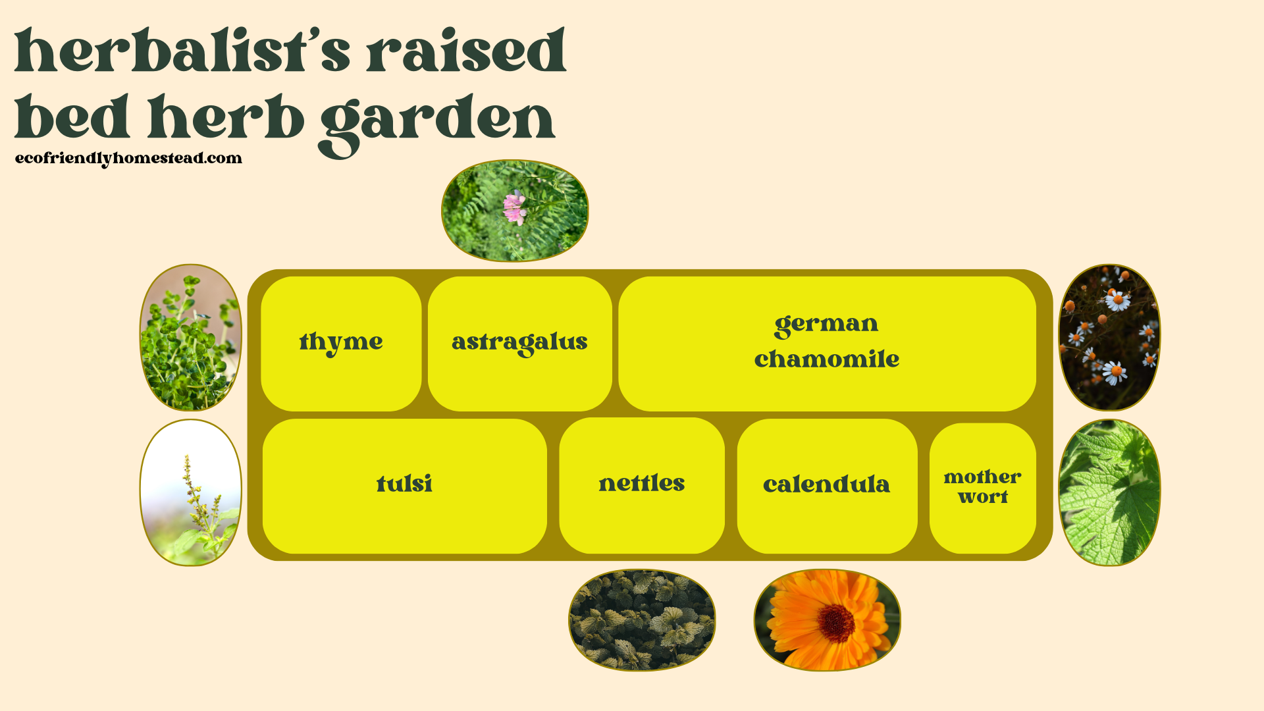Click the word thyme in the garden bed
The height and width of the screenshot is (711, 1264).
[341, 342]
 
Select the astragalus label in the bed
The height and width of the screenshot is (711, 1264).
[519, 342]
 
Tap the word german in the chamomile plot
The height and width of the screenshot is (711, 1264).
[826, 324]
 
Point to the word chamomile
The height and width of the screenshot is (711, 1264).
[827, 359]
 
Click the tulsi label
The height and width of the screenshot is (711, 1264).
[404, 484]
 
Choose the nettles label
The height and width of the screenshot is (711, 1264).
[642, 483]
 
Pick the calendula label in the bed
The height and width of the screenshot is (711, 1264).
[826, 485]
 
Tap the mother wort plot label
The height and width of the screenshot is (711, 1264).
[982, 487]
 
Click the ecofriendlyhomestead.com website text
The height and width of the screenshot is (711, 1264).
[128, 158]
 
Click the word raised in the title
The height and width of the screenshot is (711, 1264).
[466, 51]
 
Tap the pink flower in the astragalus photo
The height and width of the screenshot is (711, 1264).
[514, 207]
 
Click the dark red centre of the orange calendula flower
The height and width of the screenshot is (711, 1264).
[836, 623]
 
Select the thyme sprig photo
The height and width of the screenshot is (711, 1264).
[190, 338]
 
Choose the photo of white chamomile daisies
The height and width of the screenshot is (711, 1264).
[1109, 338]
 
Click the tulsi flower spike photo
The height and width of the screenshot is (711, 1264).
[190, 492]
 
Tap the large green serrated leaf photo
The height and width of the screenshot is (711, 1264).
[1109, 492]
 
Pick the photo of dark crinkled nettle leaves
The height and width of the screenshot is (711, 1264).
[642, 620]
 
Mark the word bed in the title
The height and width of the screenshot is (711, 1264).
[72, 118]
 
